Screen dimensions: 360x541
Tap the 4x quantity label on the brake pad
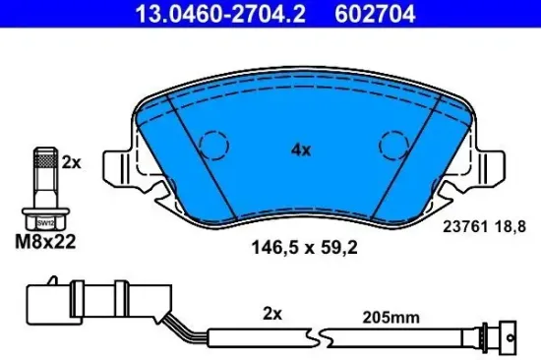[x=301, y=151]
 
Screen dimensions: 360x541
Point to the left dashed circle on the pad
[x=212, y=147]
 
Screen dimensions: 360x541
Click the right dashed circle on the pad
[x=393, y=147]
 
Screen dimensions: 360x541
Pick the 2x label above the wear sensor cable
[x=273, y=315]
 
